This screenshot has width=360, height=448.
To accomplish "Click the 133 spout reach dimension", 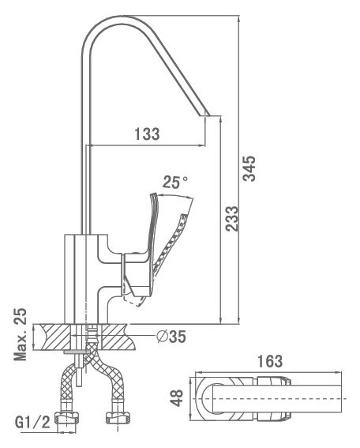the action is [147, 134].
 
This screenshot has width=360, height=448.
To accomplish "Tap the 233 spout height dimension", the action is [231, 219].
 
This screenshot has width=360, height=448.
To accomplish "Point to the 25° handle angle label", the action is [175, 182].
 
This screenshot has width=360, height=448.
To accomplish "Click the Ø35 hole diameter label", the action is [171, 337].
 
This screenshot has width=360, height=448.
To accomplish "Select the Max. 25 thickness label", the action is [21, 334].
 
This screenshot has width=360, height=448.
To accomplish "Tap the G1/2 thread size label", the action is [32, 423].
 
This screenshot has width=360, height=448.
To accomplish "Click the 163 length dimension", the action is [270, 361].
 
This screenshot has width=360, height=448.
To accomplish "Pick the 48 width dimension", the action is [177, 397].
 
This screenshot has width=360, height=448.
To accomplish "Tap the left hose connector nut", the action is [67, 418].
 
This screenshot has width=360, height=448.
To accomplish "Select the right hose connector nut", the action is [117, 417].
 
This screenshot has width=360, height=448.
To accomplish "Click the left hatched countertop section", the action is [54, 337].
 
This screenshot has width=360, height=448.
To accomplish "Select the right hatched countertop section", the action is [118, 337].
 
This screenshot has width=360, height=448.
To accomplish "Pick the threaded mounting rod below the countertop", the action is [80, 368].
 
